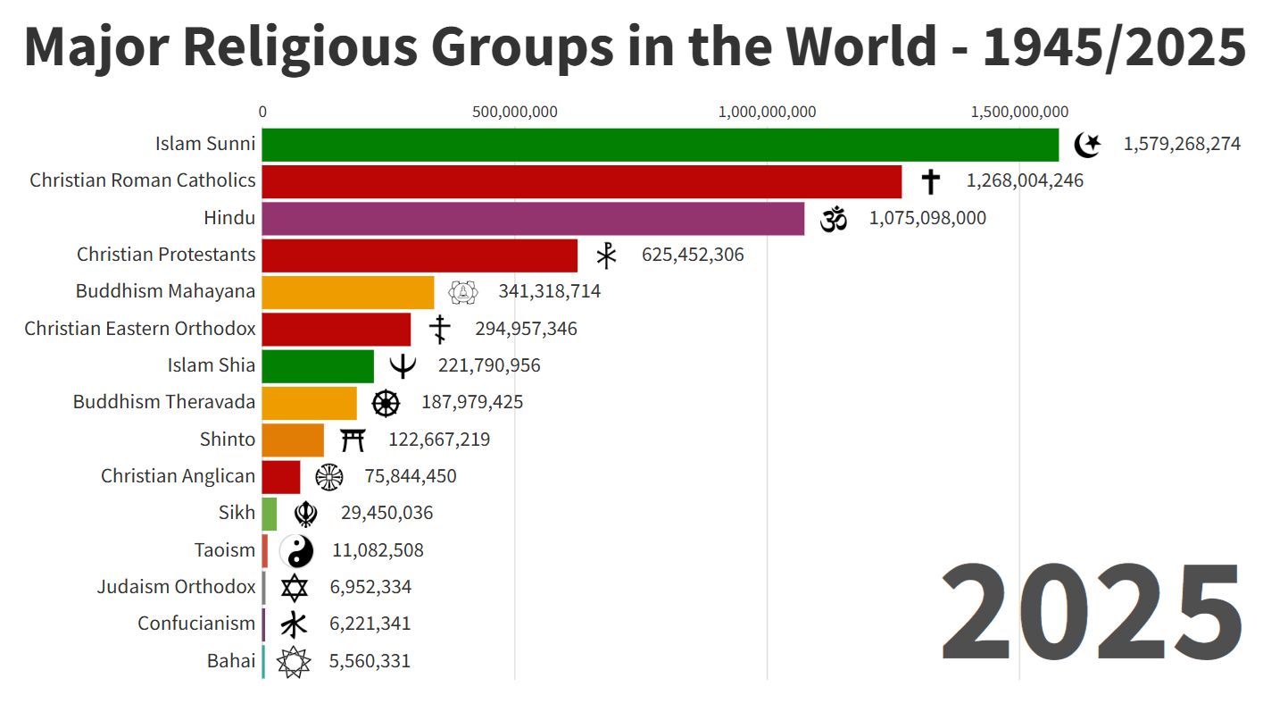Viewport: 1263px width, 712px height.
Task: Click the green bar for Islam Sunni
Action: [x=660, y=145]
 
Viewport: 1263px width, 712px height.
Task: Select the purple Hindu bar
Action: [x=533, y=218]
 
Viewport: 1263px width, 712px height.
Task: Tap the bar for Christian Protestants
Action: [x=420, y=255]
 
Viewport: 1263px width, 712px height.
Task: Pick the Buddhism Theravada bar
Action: [x=309, y=403]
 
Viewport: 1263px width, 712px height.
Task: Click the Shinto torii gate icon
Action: [x=353, y=440]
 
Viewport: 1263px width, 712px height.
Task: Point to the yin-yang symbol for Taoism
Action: [x=297, y=551]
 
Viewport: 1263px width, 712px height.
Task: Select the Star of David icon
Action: [x=295, y=588]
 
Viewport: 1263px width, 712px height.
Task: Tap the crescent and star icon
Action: [x=1088, y=144]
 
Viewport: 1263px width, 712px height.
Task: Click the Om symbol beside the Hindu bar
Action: [x=833, y=218]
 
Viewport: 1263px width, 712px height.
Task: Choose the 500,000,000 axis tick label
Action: [x=515, y=112]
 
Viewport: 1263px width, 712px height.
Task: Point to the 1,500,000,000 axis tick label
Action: [x=1019, y=112]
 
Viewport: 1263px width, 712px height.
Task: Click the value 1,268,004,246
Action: [x=1025, y=181]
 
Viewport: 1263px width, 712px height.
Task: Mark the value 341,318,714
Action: [x=549, y=291]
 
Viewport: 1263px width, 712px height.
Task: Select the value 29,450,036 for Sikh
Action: [x=386, y=513]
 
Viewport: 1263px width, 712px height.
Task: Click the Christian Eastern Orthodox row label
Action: [x=140, y=329]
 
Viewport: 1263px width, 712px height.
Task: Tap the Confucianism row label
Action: [x=196, y=624]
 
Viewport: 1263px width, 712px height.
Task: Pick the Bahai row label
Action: [x=231, y=661]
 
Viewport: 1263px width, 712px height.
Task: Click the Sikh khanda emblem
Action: [x=306, y=514]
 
